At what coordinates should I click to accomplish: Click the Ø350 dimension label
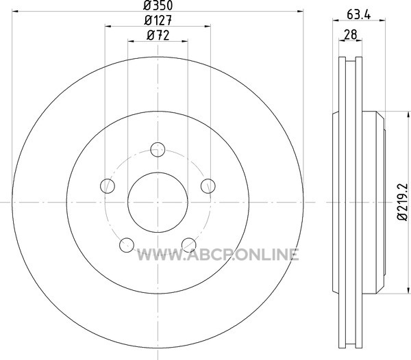tap(158, 5)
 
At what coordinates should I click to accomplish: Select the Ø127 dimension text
tap(158, 20)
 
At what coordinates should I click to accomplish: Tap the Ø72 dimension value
tap(158, 36)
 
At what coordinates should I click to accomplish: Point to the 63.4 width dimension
tap(358, 14)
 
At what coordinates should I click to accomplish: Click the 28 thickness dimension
tap(351, 34)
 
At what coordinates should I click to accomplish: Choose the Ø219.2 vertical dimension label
tap(402, 202)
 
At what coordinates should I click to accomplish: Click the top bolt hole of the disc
tap(158, 149)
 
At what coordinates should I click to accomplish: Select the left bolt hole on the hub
tap(108, 186)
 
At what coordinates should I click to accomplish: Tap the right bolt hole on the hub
tap(208, 186)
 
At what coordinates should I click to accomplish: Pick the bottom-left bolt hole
tap(127, 245)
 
